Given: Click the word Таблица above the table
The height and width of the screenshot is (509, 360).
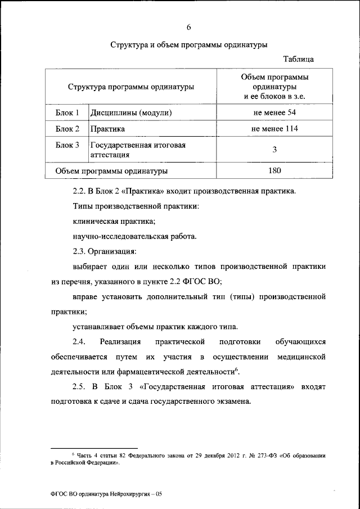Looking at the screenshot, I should tap(299, 58).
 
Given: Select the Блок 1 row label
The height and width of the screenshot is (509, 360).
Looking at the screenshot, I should tap(67, 113).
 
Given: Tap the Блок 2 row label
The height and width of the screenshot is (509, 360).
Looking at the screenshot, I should tap(67, 129).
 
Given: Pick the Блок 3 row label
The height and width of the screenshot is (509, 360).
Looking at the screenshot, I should tap(67, 145).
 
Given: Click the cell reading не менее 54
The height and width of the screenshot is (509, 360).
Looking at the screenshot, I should tap(274, 113).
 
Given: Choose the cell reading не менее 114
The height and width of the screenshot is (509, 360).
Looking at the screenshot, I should tap(274, 129).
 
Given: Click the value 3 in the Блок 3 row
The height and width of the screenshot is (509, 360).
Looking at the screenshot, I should tap(274, 149).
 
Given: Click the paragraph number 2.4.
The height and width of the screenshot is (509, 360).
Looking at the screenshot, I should tap(79, 341).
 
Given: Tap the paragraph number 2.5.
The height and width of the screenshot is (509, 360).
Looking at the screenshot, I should tap(79, 388).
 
